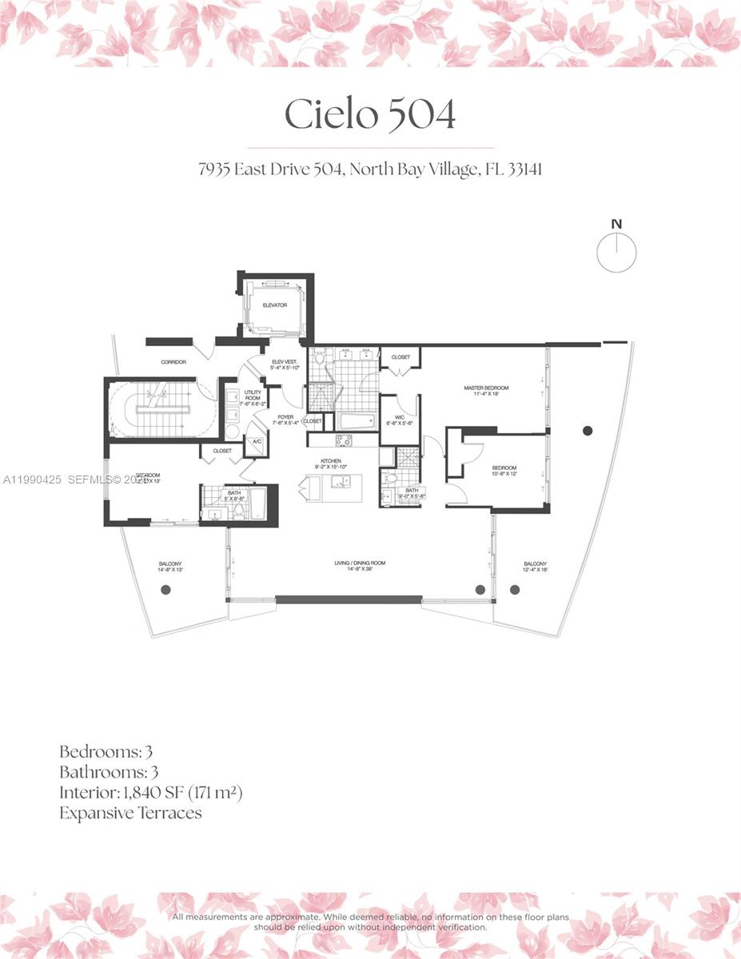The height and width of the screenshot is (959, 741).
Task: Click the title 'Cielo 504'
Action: tap(370, 114)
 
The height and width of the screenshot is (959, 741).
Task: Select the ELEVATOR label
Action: tap(274, 305)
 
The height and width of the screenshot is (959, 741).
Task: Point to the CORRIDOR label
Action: tap(173, 362)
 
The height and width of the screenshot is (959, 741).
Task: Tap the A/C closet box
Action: tap(257, 442)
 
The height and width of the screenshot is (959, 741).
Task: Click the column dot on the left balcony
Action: tap(166, 590)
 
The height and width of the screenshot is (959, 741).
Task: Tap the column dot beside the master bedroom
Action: tap(588, 431)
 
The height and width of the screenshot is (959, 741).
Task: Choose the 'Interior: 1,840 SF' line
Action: tap(150, 793)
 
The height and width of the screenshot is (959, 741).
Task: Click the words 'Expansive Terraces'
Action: tap(130, 814)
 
